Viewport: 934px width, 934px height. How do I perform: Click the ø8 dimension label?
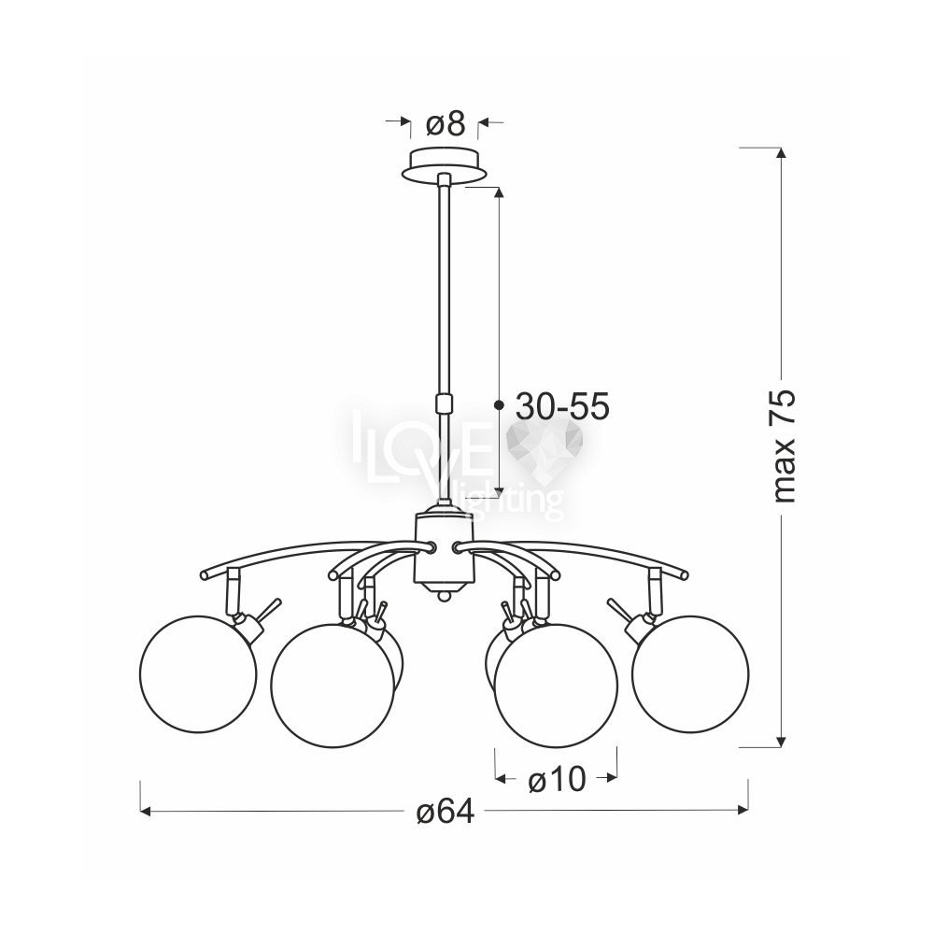tap(445, 124)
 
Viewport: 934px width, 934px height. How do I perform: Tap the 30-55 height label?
tap(562, 407)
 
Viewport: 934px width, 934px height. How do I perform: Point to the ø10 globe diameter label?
tap(557, 779)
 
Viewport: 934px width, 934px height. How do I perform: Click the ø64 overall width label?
tap(446, 812)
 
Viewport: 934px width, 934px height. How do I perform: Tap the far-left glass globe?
tap(198, 673)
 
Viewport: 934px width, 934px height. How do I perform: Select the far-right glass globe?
tap(690, 673)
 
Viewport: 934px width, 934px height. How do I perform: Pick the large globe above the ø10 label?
tap(557, 685)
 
